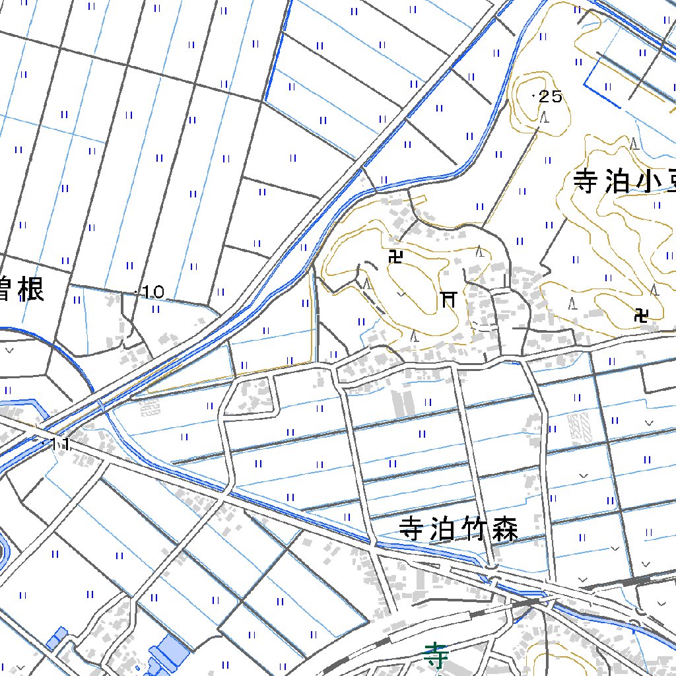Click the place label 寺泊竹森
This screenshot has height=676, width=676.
tap(459, 529)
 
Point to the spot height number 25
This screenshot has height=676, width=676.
tap(551, 97)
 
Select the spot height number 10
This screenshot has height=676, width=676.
tap(152, 292)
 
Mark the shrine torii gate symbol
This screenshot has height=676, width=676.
tap(449, 300)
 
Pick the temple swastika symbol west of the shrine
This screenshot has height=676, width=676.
tap(396, 257)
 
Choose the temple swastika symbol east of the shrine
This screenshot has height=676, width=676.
tap(640, 315)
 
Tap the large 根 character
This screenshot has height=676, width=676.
tap(29, 288)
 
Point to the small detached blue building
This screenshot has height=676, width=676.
tap(56, 638)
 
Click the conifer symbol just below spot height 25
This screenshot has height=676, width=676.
tap(544, 118)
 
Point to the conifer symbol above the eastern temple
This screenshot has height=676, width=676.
tap(654, 290)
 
